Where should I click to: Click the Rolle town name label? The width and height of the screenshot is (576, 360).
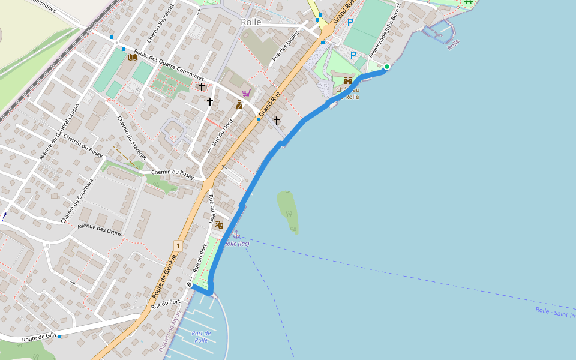click(251, 22)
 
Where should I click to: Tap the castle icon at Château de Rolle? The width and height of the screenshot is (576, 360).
click(348, 81)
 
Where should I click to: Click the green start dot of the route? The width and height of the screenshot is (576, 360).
click(387, 67)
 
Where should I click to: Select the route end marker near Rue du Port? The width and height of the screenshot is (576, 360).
click(190, 285)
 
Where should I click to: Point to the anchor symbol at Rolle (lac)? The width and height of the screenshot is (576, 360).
click(236, 234)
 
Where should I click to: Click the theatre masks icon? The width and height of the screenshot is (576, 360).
click(219, 224)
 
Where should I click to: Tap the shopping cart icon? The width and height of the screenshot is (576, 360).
click(246, 92)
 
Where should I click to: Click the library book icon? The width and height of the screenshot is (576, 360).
click(133, 57)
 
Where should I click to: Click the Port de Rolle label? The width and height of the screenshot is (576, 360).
click(201, 337)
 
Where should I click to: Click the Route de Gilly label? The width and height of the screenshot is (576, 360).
click(40, 339)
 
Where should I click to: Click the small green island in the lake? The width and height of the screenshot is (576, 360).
click(288, 210)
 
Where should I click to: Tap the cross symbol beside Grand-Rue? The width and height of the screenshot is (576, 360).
click(277, 121)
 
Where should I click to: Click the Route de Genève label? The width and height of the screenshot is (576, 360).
click(164, 277)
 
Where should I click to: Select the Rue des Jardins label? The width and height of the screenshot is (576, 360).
click(285, 46)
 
